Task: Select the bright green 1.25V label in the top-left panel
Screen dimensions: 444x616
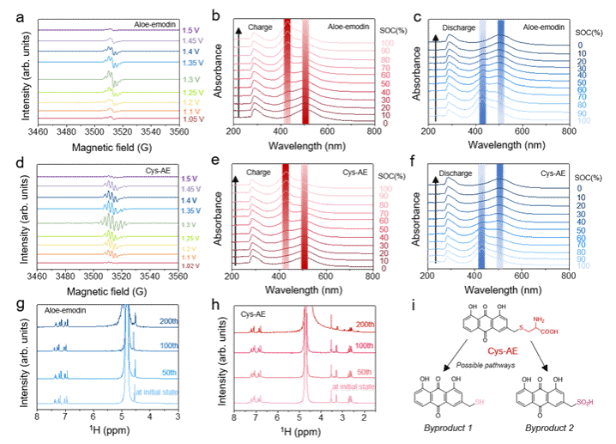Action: (191, 93)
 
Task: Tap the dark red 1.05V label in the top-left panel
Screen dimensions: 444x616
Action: (192, 119)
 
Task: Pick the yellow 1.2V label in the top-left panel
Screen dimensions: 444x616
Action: (190, 102)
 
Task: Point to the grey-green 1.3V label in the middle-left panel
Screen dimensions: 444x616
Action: (190, 223)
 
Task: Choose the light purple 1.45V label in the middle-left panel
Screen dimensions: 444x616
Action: (191, 188)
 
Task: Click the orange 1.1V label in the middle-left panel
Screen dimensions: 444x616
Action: (190, 257)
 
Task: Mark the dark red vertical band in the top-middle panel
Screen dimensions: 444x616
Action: (287, 73)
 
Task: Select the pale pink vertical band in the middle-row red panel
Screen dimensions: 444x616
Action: (305, 216)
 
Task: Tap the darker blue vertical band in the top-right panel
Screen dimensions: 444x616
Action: (501, 73)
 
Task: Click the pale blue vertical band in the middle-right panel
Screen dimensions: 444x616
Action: (482, 216)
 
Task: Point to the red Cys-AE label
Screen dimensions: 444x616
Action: (503, 351)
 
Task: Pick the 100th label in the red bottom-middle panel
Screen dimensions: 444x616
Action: (364, 345)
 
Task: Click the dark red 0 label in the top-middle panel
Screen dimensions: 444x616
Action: (384, 123)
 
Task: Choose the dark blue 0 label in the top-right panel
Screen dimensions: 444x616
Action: (580, 46)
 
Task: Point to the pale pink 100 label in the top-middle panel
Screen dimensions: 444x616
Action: (387, 43)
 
